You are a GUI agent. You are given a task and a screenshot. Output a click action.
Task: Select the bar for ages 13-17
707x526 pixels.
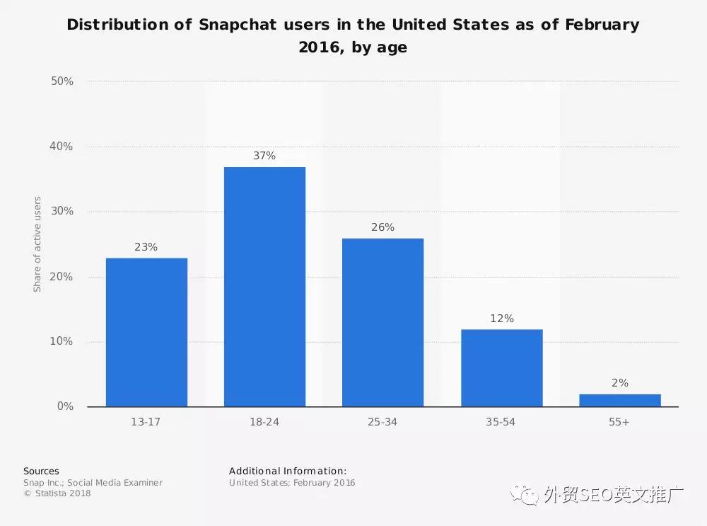(x=146, y=332)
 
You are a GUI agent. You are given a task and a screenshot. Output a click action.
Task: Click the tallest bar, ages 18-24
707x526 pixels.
(x=264, y=287)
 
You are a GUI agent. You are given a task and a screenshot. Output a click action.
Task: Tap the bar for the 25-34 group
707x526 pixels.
(x=382, y=322)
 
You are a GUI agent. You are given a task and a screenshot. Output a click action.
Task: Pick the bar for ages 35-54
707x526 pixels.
(x=501, y=367)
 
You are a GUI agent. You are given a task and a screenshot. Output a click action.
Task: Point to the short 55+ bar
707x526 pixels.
(x=619, y=400)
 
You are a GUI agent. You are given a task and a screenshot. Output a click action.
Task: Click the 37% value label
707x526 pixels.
(x=264, y=156)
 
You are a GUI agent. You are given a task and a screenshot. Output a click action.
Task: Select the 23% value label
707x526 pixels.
(x=146, y=247)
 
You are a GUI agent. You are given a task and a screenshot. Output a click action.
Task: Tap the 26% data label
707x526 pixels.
(x=382, y=227)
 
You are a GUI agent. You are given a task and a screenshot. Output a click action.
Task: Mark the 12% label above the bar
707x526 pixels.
(x=501, y=319)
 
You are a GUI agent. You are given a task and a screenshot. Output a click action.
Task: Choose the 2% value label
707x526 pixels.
(x=619, y=383)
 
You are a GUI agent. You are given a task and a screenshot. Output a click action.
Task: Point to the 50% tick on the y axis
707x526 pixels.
(x=62, y=81)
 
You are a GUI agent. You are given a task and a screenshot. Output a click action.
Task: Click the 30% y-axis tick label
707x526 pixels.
(x=62, y=212)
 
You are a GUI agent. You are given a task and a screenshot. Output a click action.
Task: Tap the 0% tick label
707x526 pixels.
(x=65, y=406)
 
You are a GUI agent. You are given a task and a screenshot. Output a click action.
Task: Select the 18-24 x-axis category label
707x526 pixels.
(x=264, y=422)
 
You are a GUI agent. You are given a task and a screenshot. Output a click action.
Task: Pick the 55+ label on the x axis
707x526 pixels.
(x=619, y=422)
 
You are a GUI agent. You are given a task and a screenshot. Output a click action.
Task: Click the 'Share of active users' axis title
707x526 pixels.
(x=37, y=244)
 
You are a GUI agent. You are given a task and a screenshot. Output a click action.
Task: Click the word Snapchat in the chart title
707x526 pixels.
(x=236, y=25)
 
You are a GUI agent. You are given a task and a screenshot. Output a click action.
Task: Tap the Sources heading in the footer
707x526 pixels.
(x=41, y=471)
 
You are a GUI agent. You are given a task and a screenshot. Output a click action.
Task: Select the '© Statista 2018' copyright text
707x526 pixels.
(x=57, y=493)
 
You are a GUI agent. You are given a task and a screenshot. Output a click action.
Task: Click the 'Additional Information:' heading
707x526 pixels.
(x=288, y=471)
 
